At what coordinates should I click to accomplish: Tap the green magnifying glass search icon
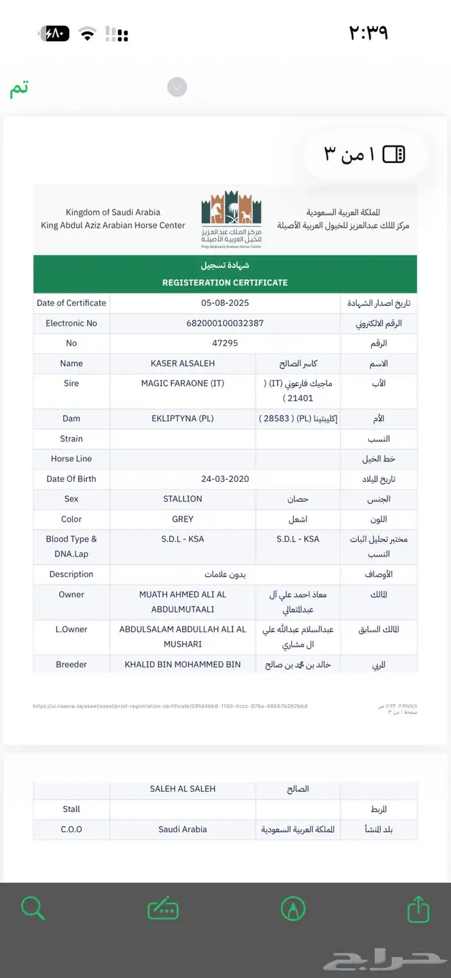[x=32, y=908]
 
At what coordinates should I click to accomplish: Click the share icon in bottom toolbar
[x=418, y=909]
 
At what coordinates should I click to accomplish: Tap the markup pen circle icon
[x=294, y=909]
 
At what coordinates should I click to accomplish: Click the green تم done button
[x=19, y=90]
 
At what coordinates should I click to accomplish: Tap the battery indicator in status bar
[x=55, y=34]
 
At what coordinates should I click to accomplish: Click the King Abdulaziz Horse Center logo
[x=231, y=219]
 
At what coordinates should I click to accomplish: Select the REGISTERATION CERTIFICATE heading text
[x=225, y=282]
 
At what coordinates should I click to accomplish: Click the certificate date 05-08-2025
[x=225, y=303]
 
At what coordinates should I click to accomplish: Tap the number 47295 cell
[x=225, y=343]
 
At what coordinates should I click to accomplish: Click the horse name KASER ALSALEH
[x=183, y=363]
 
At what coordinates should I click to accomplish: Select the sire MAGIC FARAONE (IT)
[x=183, y=383]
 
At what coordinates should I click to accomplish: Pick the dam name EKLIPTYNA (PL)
[x=183, y=418]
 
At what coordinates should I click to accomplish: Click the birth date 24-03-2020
[x=225, y=479]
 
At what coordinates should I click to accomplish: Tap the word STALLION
[x=183, y=499]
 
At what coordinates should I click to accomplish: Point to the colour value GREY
[x=183, y=519]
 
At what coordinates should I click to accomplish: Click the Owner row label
[x=72, y=594]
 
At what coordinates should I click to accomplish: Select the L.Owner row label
[x=72, y=629]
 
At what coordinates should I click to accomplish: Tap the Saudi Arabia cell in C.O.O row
[x=183, y=829]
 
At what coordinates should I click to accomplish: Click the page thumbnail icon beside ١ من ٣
[x=394, y=154]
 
